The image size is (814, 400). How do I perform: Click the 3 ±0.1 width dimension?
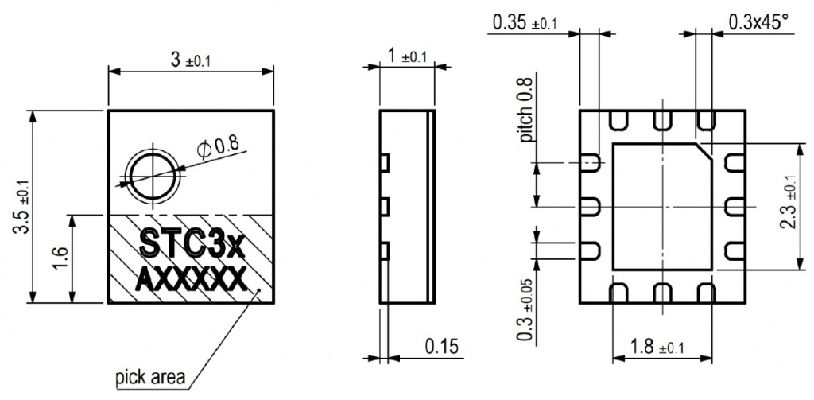(x=192, y=60)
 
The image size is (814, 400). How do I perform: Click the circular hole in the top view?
(x=153, y=177)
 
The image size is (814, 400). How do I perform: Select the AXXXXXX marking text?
(x=190, y=282)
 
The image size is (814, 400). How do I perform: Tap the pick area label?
(x=150, y=377)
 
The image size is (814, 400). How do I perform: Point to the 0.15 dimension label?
(x=442, y=347)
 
